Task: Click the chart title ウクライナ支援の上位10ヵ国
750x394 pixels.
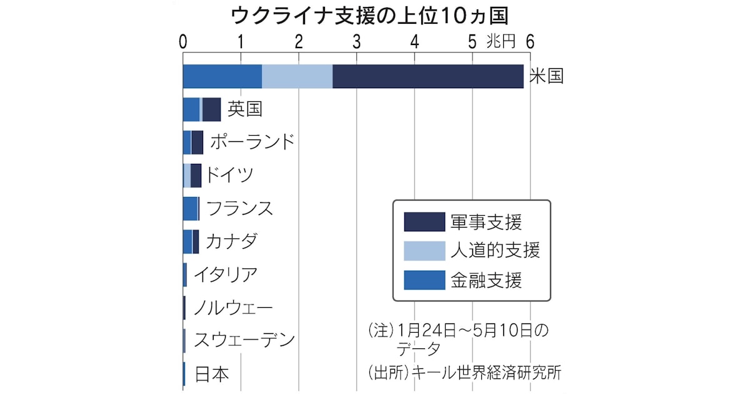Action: click(x=374, y=15)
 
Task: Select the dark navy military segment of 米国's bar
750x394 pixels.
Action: click(x=427, y=76)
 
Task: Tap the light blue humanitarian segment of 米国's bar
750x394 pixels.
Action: click(x=297, y=76)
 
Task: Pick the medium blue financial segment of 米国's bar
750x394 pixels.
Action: click(x=222, y=76)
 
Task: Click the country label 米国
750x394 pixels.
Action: click(x=546, y=76)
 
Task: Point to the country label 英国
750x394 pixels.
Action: click(x=244, y=109)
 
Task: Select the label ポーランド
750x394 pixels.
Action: click(x=252, y=142)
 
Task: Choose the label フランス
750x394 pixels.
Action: click(x=239, y=208)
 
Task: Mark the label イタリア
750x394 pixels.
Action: click(x=225, y=275)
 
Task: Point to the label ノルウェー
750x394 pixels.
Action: click(x=232, y=308)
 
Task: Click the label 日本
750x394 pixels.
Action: click(x=212, y=374)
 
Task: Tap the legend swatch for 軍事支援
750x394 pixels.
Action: click(x=424, y=222)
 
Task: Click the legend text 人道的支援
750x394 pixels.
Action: click(x=495, y=251)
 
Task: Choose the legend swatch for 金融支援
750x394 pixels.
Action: click(x=424, y=280)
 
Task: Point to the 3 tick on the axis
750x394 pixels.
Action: click(x=356, y=42)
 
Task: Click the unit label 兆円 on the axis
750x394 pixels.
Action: click(x=501, y=42)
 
